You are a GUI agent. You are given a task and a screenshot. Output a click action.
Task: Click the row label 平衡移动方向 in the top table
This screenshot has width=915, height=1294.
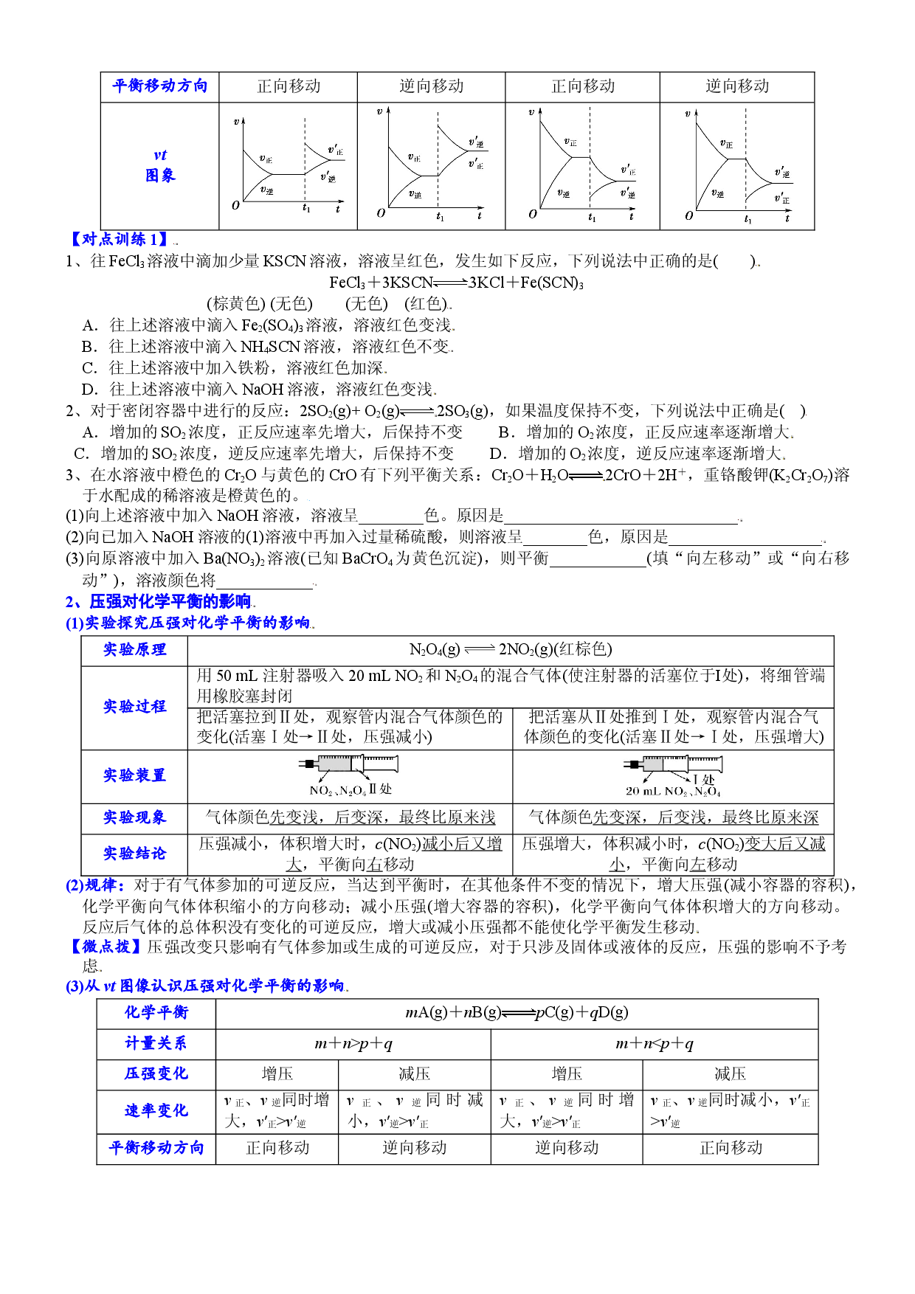click(160, 86)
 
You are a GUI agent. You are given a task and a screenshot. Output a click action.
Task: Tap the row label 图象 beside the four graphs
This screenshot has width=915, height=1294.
click(160, 176)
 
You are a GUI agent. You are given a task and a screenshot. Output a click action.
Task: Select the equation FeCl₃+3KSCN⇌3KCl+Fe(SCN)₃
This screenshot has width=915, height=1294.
click(456, 283)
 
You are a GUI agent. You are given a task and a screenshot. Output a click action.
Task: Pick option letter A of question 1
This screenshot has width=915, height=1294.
click(90, 325)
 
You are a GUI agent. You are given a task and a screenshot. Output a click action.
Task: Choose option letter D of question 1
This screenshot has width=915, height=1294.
click(90, 390)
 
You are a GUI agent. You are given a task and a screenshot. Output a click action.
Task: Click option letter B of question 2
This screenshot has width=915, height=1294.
click(506, 432)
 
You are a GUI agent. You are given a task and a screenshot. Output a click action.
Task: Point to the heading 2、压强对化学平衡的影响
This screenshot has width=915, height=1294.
click(158, 602)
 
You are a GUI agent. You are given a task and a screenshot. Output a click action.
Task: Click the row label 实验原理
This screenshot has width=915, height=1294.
click(134, 650)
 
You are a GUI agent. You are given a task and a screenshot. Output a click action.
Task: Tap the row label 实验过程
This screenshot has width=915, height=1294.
click(134, 707)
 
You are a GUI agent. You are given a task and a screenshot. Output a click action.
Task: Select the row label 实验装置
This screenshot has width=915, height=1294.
click(134, 775)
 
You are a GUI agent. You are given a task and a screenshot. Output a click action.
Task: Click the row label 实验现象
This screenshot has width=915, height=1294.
click(134, 817)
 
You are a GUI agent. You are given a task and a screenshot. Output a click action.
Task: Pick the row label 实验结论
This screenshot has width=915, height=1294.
click(134, 854)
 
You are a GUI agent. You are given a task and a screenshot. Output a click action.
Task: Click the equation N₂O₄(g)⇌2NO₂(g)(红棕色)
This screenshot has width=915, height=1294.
click(511, 649)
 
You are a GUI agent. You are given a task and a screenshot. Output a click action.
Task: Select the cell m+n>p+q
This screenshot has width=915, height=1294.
click(353, 1044)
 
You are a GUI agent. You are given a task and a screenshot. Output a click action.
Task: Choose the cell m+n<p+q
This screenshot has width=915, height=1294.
click(655, 1044)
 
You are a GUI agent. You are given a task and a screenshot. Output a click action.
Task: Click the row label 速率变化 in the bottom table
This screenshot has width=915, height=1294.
click(156, 1111)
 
